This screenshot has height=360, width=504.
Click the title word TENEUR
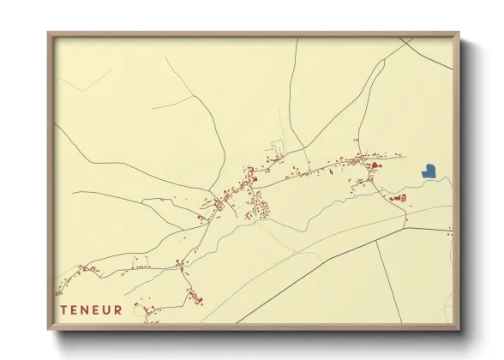[x=91, y=309]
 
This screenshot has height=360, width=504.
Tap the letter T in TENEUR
[x=63, y=309]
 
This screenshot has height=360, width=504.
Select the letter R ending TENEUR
[x=118, y=309]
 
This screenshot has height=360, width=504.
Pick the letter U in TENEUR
[x=107, y=309]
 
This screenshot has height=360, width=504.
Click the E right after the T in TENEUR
[x=74, y=309]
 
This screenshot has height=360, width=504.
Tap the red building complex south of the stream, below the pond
[x=399, y=198]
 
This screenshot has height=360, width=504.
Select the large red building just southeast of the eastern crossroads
[x=375, y=165]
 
